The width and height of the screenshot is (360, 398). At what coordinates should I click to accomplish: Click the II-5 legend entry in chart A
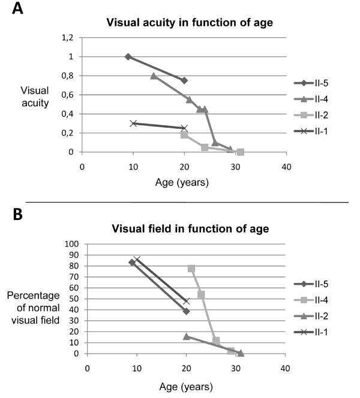[x=325, y=83]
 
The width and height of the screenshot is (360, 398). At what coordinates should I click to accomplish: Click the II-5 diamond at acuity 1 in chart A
[x=128, y=57]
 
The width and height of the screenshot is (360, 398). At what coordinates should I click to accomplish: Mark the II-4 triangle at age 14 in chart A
[x=154, y=76]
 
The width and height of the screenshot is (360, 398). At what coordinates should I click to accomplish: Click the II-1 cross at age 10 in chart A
[x=133, y=123]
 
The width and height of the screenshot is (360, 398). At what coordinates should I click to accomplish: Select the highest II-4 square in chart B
[x=191, y=269]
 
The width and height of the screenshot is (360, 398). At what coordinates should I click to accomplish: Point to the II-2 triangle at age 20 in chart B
[x=187, y=336]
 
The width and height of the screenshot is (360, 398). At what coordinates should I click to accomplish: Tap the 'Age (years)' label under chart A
[x=184, y=182]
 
